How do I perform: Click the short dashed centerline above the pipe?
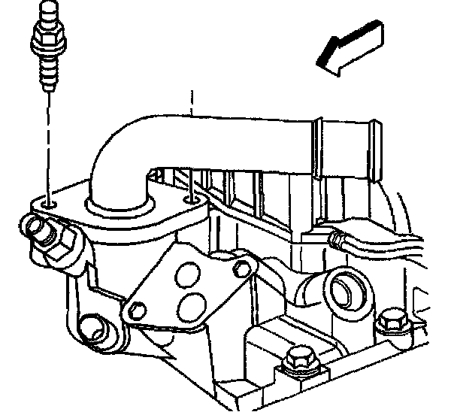[193, 101]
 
